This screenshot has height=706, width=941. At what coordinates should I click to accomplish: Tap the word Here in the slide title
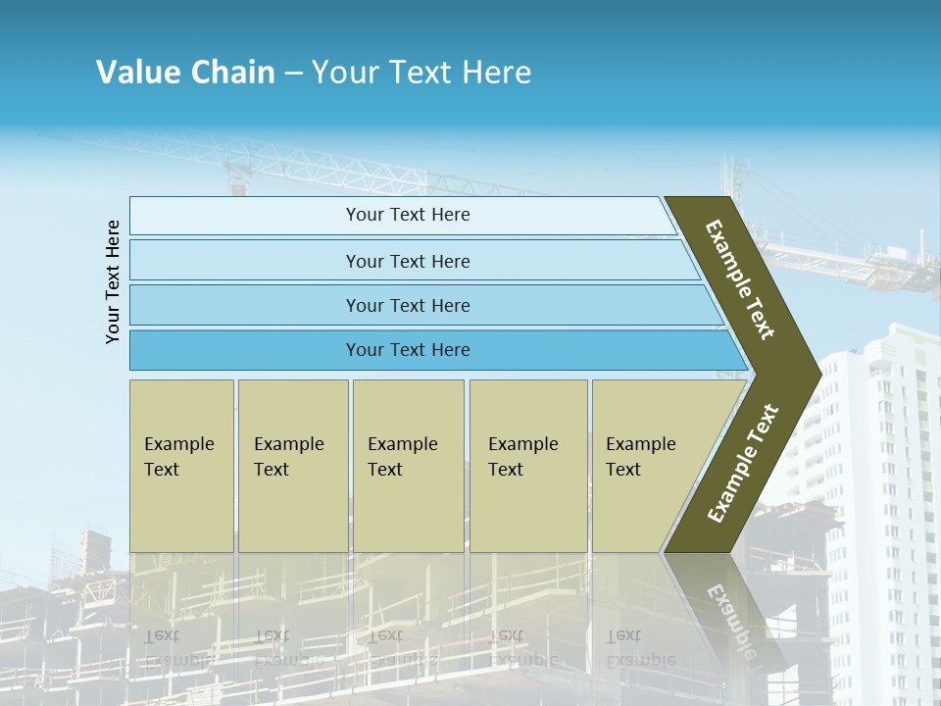pyautogui.click(x=496, y=73)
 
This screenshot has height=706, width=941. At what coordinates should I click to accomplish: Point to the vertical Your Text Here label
pyautogui.click(x=113, y=281)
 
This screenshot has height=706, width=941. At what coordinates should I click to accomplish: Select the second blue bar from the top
pyautogui.click(x=407, y=261)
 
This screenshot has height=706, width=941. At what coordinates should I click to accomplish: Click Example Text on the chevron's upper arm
pyautogui.click(x=740, y=279)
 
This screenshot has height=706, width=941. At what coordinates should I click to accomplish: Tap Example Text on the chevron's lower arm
pyautogui.click(x=742, y=464)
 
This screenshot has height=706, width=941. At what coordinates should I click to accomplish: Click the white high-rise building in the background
pyautogui.click(x=882, y=490)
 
